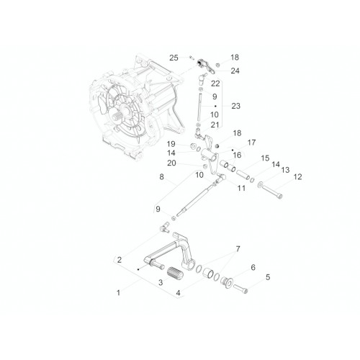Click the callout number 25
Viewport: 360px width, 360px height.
(174, 58)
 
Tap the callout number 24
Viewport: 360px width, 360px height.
(235, 71)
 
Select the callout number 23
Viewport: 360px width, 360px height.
(235, 106)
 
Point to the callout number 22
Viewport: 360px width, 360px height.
(215, 84)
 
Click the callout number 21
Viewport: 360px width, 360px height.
(215, 125)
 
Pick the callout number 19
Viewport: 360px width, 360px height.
(171, 144)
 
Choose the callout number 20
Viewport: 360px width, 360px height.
(171, 163)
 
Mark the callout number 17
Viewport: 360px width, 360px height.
(251, 143)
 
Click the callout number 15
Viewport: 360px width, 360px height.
(265, 158)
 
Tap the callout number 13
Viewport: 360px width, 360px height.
(285, 170)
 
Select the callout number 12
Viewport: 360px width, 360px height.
(297, 177)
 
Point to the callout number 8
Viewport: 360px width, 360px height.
(161, 177)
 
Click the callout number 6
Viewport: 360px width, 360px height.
(253, 267)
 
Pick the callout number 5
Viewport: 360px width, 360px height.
(268, 277)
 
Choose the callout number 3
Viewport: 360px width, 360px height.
(161, 282)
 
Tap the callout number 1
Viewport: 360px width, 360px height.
(118, 292)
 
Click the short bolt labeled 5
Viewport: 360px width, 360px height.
(240, 288)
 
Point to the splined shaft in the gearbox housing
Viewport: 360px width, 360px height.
(118, 117)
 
